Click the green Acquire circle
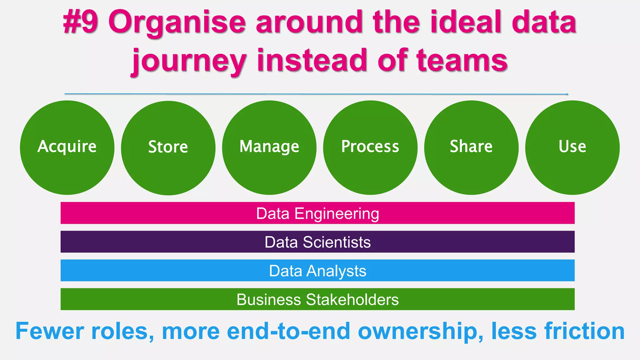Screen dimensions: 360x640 click(67, 147)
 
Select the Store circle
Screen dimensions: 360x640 click(168, 148)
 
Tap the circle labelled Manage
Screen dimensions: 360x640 click(269, 147)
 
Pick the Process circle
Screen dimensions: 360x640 click(370, 147)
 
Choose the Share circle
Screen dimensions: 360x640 click(471, 147)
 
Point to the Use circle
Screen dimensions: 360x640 click(572, 147)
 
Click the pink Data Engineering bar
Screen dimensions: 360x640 click(317, 213)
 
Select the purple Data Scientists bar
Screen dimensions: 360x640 click(317, 242)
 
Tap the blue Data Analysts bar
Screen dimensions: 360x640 click(317, 271)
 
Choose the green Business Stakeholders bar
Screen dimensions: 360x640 click(317, 299)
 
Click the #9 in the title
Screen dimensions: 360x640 click(81, 22)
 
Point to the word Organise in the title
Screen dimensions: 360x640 click(177, 22)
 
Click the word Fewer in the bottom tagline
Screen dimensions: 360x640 click(50, 331)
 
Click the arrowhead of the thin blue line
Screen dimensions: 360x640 click(567, 94)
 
